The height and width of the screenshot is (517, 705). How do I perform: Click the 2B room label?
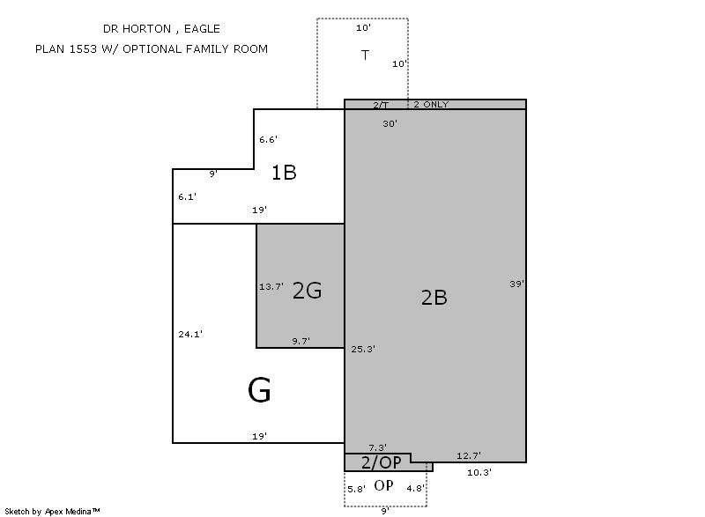(x=434, y=298)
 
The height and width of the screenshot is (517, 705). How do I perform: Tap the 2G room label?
(x=307, y=290)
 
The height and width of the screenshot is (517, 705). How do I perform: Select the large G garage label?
(x=259, y=390)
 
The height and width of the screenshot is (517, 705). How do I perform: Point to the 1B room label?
(x=284, y=173)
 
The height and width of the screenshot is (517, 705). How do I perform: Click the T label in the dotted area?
(x=365, y=55)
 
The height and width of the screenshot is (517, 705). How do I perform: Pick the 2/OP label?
(x=382, y=462)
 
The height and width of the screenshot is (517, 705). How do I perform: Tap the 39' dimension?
(x=517, y=284)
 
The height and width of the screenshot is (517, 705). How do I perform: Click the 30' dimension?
(x=390, y=123)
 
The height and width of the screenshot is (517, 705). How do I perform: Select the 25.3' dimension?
(x=363, y=349)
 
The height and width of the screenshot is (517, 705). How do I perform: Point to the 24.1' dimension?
(x=190, y=334)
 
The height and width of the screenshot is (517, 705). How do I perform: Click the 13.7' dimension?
(x=271, y=286)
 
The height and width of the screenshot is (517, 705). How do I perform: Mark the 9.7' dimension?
(x=301, y=342)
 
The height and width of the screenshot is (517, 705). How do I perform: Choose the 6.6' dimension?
(x=268, y=140)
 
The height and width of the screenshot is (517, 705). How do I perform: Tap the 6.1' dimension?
(x=187, y=196)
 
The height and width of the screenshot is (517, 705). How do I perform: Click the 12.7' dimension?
(x=469, y=456)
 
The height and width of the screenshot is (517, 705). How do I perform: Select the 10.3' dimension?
(x=479, y=473)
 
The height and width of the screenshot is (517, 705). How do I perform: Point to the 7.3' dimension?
(x=378, y=447)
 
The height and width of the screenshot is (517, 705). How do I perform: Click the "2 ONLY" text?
(x=431, y=104)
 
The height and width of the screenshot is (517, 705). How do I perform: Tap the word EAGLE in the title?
(x=202, y=29)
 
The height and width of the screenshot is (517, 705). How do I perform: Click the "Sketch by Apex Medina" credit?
(x=52, y=511)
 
